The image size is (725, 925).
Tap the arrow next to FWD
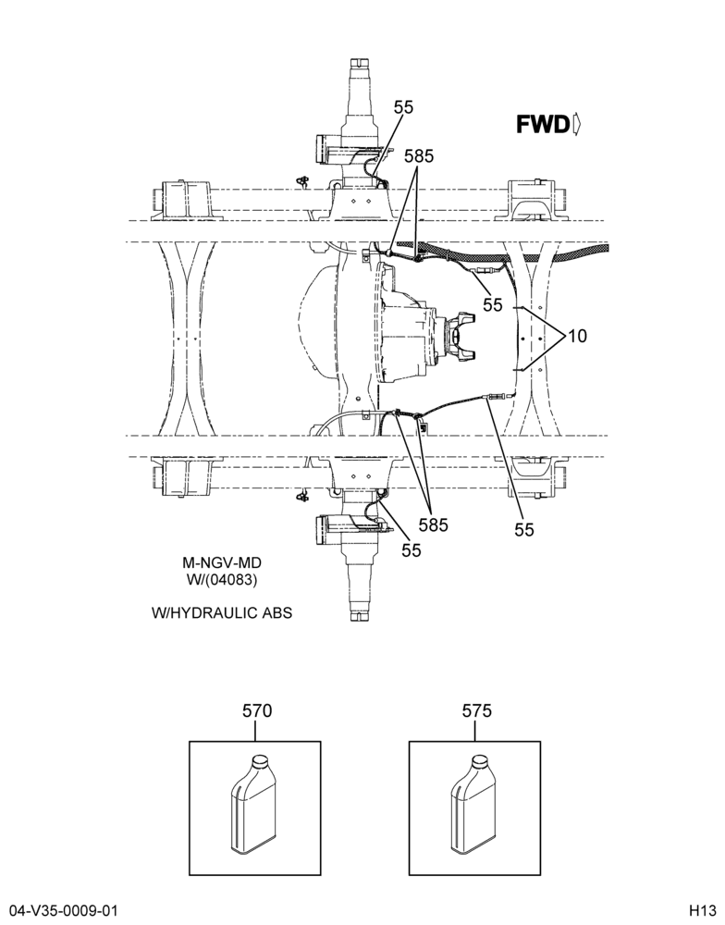click(577, 125)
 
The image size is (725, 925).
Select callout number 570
click(257, 710)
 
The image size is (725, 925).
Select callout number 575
click(476, 710)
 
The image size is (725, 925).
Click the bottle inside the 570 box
click(252, 806)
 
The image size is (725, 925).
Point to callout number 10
click(578, 337)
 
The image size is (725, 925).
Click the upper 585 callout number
click(419, 156)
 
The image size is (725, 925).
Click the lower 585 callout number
click(434, 524)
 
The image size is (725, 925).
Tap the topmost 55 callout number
click(404, 107)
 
